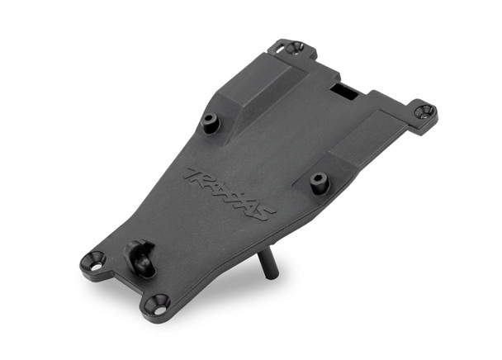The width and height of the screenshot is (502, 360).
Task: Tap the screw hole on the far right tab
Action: (426, 110)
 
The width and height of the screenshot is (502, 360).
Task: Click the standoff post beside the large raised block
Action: (210, 124)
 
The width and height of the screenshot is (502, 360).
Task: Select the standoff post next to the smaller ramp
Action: (320, 182)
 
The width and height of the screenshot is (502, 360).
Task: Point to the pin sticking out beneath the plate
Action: (266, 265)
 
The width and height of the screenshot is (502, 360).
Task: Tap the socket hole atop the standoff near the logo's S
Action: (319, 178)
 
